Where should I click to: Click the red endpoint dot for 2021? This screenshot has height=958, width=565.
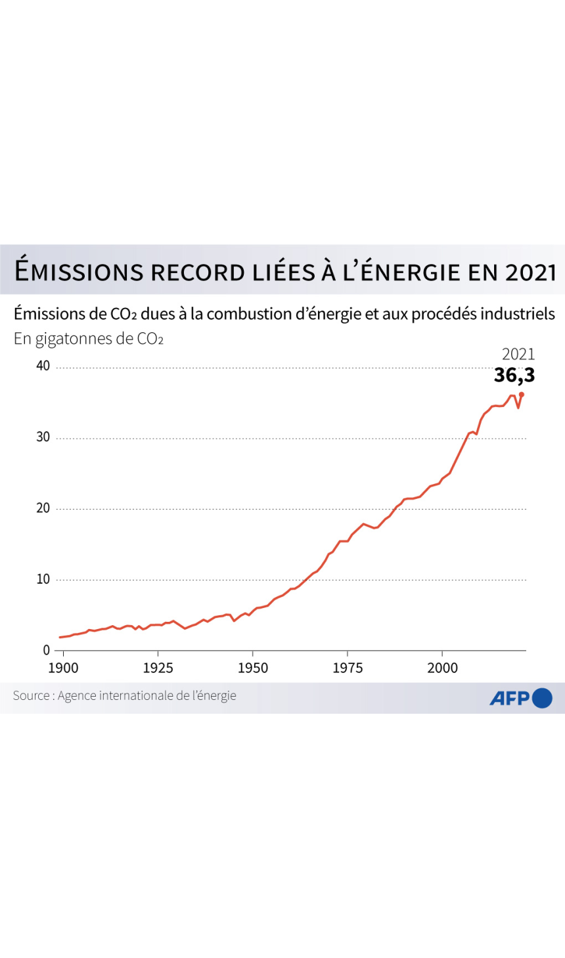point(522,395)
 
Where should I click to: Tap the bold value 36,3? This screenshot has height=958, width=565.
point(514,375)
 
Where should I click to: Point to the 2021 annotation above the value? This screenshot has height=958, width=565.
point(518,354)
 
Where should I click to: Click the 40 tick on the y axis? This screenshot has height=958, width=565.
point(43,366)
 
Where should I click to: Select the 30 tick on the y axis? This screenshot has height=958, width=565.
point(43,437)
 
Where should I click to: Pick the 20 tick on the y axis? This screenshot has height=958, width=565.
point(43,508)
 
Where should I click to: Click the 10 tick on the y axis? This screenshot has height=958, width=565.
point(43,578)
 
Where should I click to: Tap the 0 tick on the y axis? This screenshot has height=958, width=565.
point(47,650)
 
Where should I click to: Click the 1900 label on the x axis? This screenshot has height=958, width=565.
point(63,668)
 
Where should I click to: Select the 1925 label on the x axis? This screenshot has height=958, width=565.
point(158,668)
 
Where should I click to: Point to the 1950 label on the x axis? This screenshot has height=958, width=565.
point(253,668)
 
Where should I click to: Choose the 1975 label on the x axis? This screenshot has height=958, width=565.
point(348,668)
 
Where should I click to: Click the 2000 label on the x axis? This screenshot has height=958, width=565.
point(443,668)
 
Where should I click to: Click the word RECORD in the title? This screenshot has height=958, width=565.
point(198,272)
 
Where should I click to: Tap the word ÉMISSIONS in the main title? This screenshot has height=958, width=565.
point(79,271)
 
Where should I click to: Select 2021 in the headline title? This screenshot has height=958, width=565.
point(531,272)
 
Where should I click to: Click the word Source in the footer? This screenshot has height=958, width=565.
point(31,695)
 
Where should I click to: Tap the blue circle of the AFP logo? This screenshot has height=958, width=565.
point(542,698)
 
